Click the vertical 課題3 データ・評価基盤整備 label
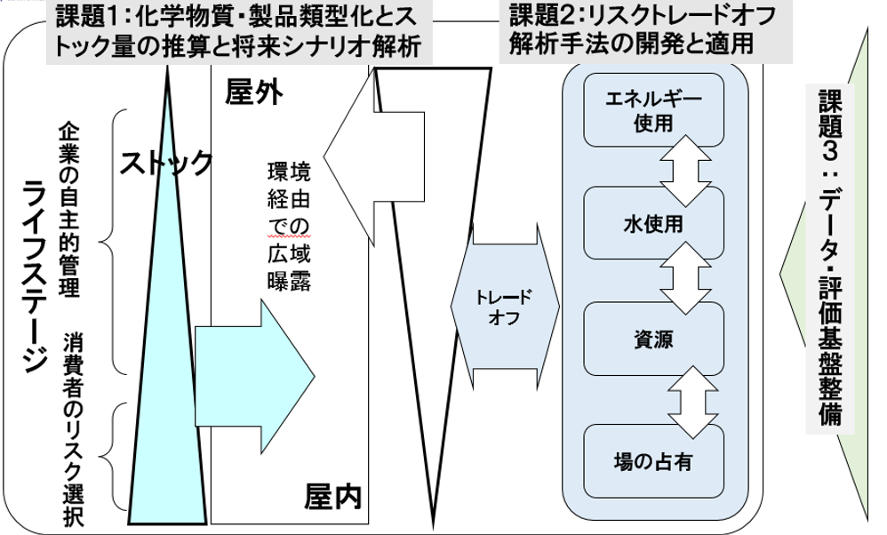point(827,258)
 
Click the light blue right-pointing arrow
point(240,346)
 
